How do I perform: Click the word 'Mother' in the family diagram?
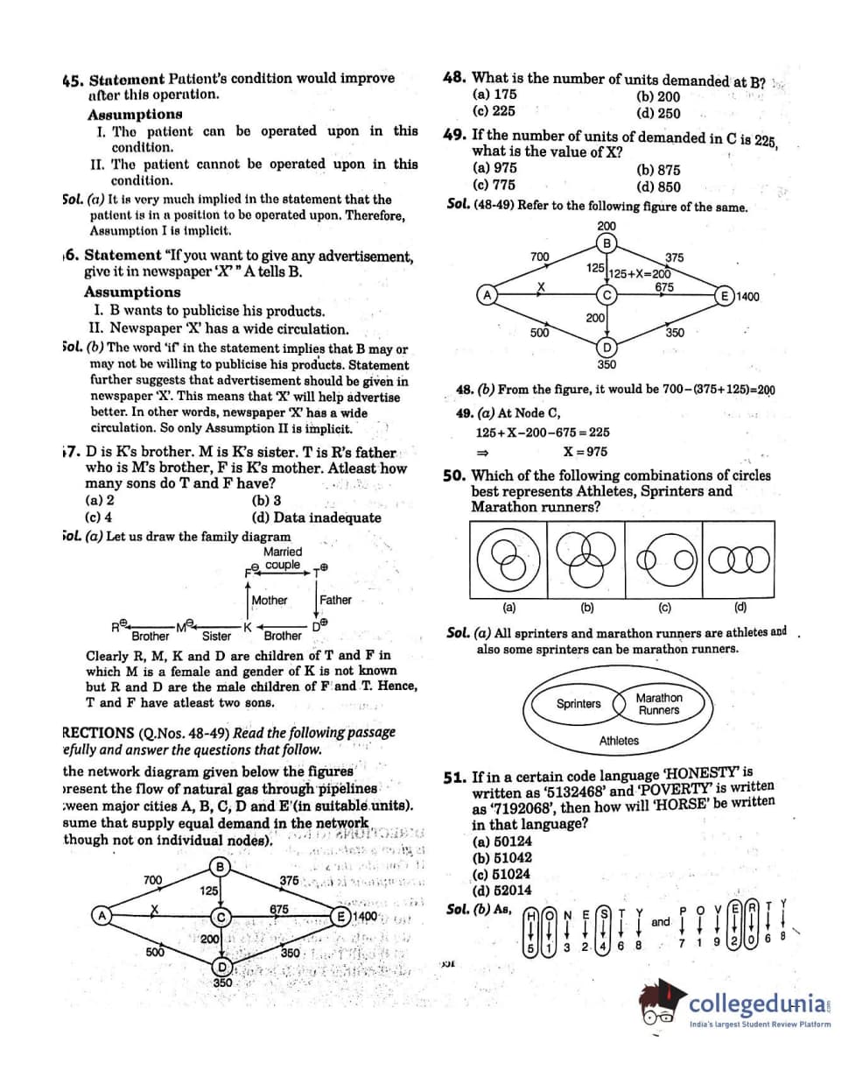(269, 600)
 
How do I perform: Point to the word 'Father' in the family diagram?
(335, 600)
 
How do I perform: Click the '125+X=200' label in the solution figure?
(635, 272)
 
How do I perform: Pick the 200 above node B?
(606, 226)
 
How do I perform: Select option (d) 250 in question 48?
(657, 113)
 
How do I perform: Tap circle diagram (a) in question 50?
(508, 558)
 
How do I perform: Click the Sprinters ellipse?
(579, 704)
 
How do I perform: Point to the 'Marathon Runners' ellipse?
(658, 704)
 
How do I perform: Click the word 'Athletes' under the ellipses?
(619, 741)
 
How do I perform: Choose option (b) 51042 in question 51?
(502, 858)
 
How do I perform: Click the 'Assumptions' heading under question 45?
(135, 115)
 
